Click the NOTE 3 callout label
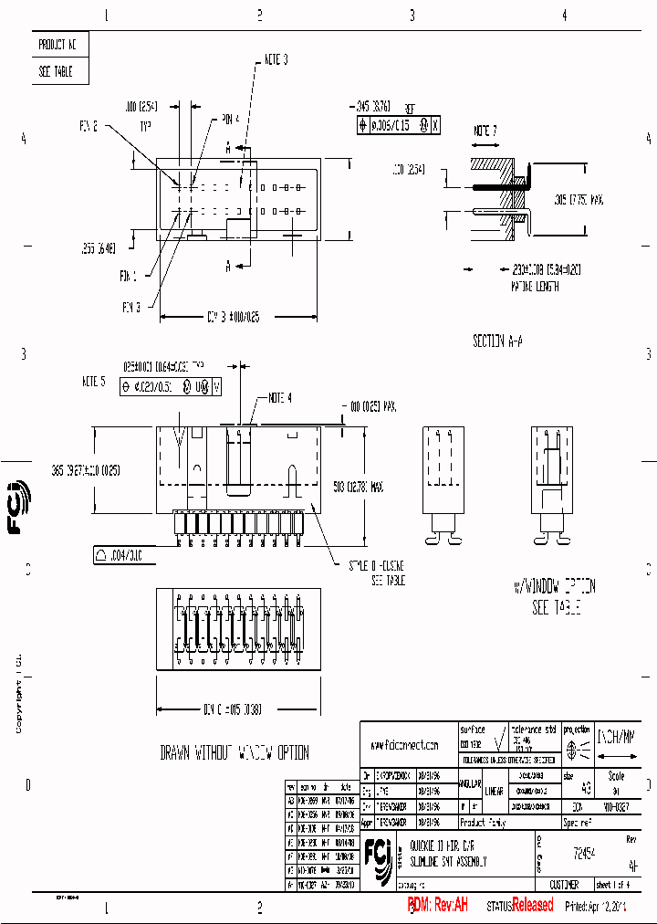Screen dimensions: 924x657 tap(276, 59)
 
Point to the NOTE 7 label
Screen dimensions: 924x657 tap(485, 131)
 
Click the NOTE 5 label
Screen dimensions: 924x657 tap(94, 380)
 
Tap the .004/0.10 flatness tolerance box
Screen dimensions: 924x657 tap(119, 554)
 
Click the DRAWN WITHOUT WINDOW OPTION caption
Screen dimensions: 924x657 tap(235, 753)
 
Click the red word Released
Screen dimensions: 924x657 tap(532, 905)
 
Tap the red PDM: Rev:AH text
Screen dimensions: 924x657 tap(437, 905)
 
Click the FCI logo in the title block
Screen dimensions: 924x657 tap(379, 853)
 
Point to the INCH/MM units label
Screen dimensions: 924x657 tap(618, 732)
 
